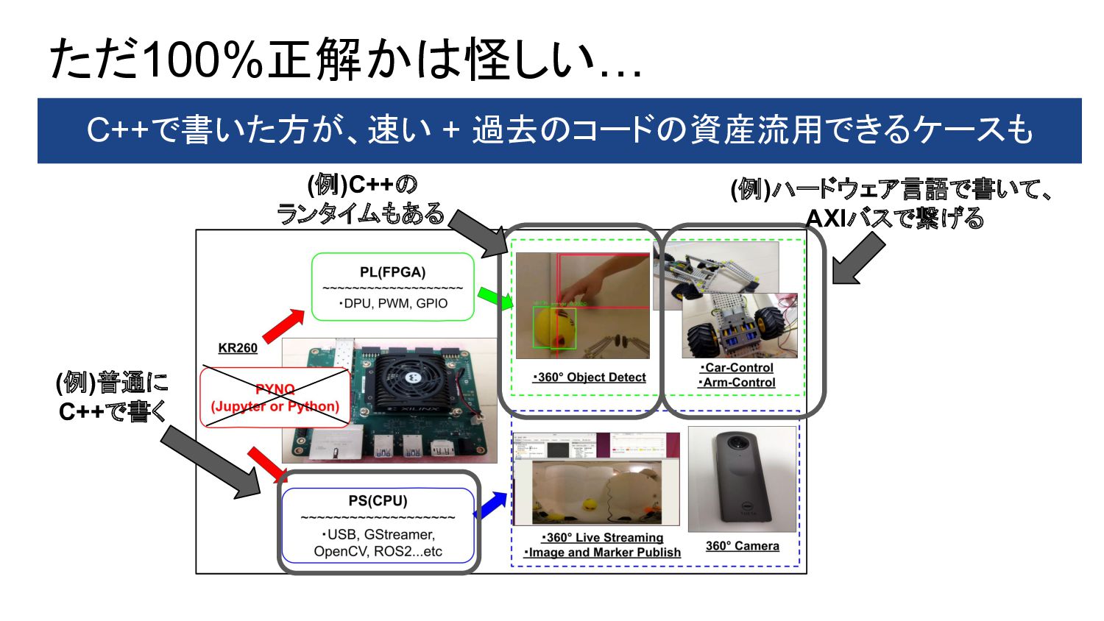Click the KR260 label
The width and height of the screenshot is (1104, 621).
238,348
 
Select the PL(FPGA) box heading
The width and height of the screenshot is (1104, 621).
392,272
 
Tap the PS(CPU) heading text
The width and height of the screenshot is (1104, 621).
378,501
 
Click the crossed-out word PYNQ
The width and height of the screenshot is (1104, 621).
275,389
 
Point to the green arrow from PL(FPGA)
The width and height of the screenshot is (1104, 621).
495,298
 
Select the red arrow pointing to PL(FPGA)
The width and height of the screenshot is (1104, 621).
283,326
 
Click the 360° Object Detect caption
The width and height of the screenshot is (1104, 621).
589,377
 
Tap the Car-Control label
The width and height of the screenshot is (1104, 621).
737,368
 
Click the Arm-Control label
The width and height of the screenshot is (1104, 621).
737,383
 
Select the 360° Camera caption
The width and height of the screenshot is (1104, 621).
742,546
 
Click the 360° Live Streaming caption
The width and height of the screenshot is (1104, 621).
603,538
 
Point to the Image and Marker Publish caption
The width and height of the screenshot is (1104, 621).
602,553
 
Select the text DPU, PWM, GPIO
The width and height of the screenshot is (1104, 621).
393,303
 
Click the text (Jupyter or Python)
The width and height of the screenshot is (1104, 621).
275,406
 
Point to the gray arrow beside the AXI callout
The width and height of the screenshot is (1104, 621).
858,259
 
